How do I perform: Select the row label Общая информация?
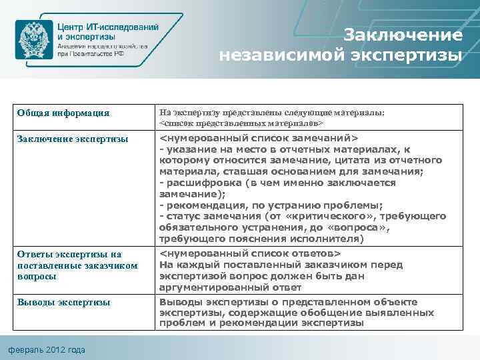[63, 113]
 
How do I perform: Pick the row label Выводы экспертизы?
[63, 302]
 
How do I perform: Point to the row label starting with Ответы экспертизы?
[69, 265]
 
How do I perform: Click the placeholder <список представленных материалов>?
[242, 123]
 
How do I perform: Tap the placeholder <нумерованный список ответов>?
[250, 254]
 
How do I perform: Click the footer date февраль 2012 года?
[47, 350]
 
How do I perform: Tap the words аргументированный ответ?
[230, 287]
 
